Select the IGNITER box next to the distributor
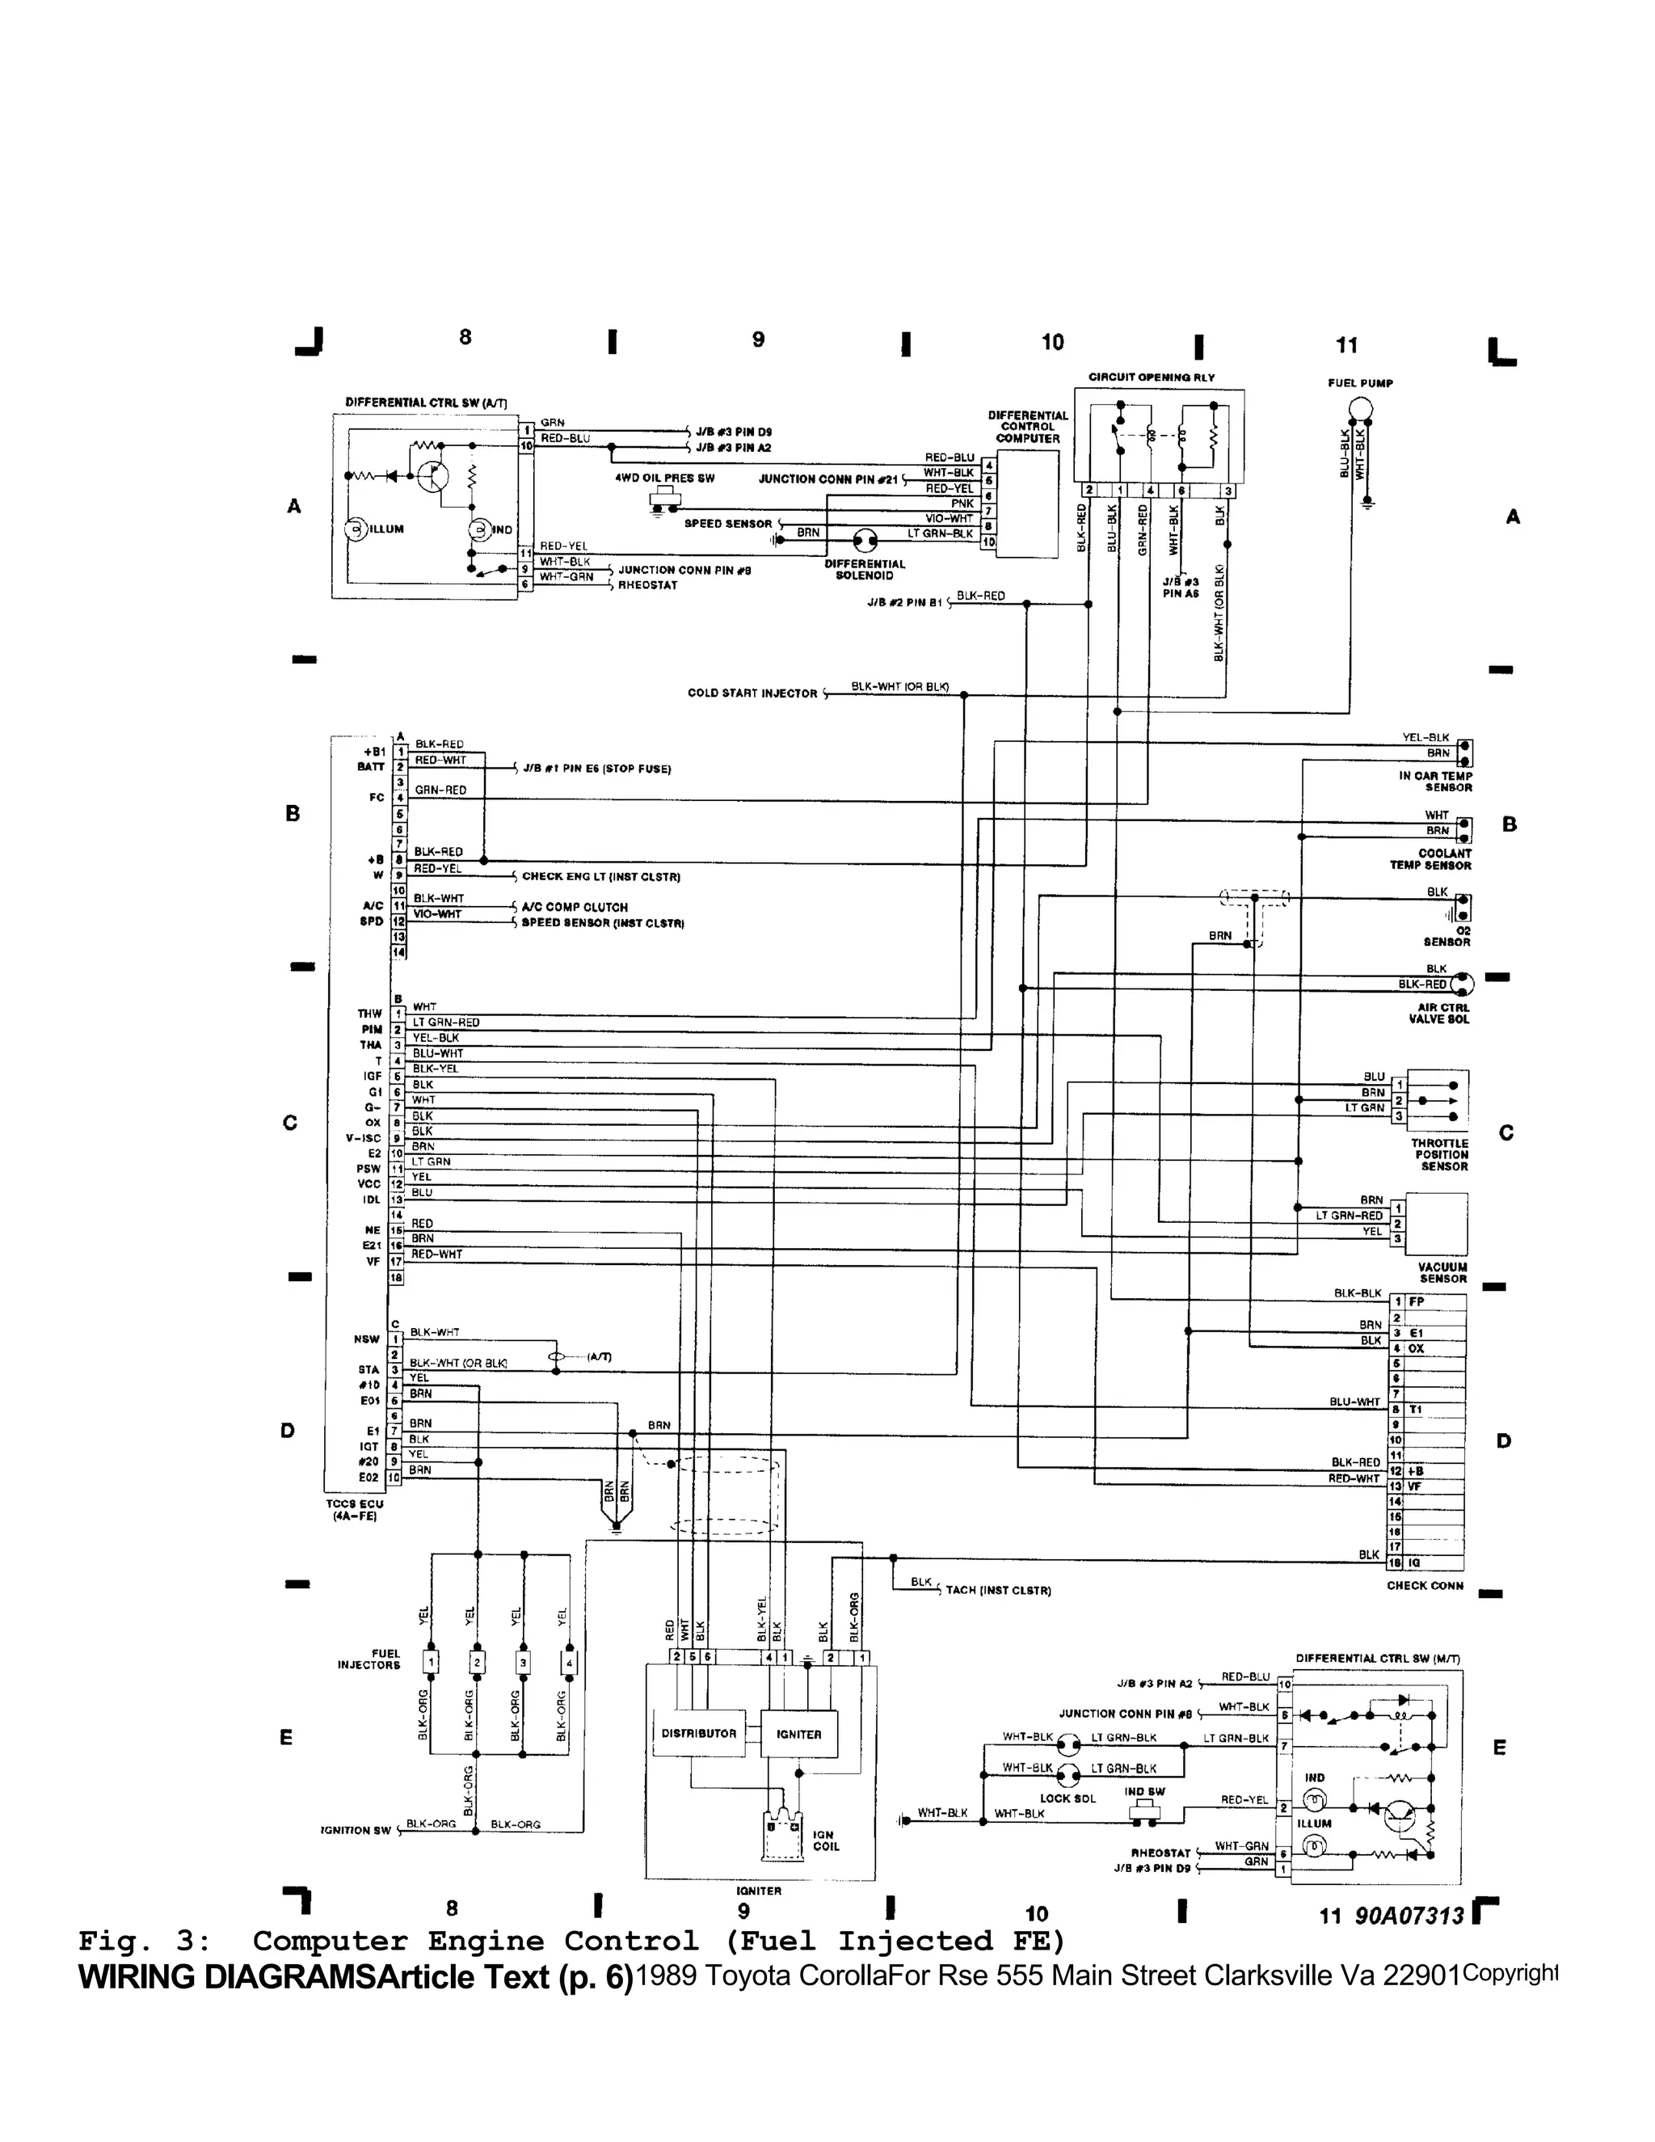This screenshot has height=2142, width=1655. tap(799, 1734)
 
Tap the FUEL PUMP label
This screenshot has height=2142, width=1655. tap(1360, 383)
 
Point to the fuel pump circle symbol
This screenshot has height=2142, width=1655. tap(1361, 410)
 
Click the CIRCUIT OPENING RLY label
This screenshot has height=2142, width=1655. tap(1151, 377)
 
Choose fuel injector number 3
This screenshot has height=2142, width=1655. tap(524, 1663)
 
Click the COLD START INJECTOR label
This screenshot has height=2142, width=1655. tap(752, 694)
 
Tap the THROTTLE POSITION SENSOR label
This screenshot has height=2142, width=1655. tap(1439, 1154)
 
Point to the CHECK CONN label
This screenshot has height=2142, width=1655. tap(1425, 1585)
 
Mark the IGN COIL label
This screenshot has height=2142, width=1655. tap(826, 1841)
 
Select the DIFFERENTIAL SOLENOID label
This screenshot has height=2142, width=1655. tap(864, 570)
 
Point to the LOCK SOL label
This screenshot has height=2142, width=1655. tap(1068, 1798)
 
